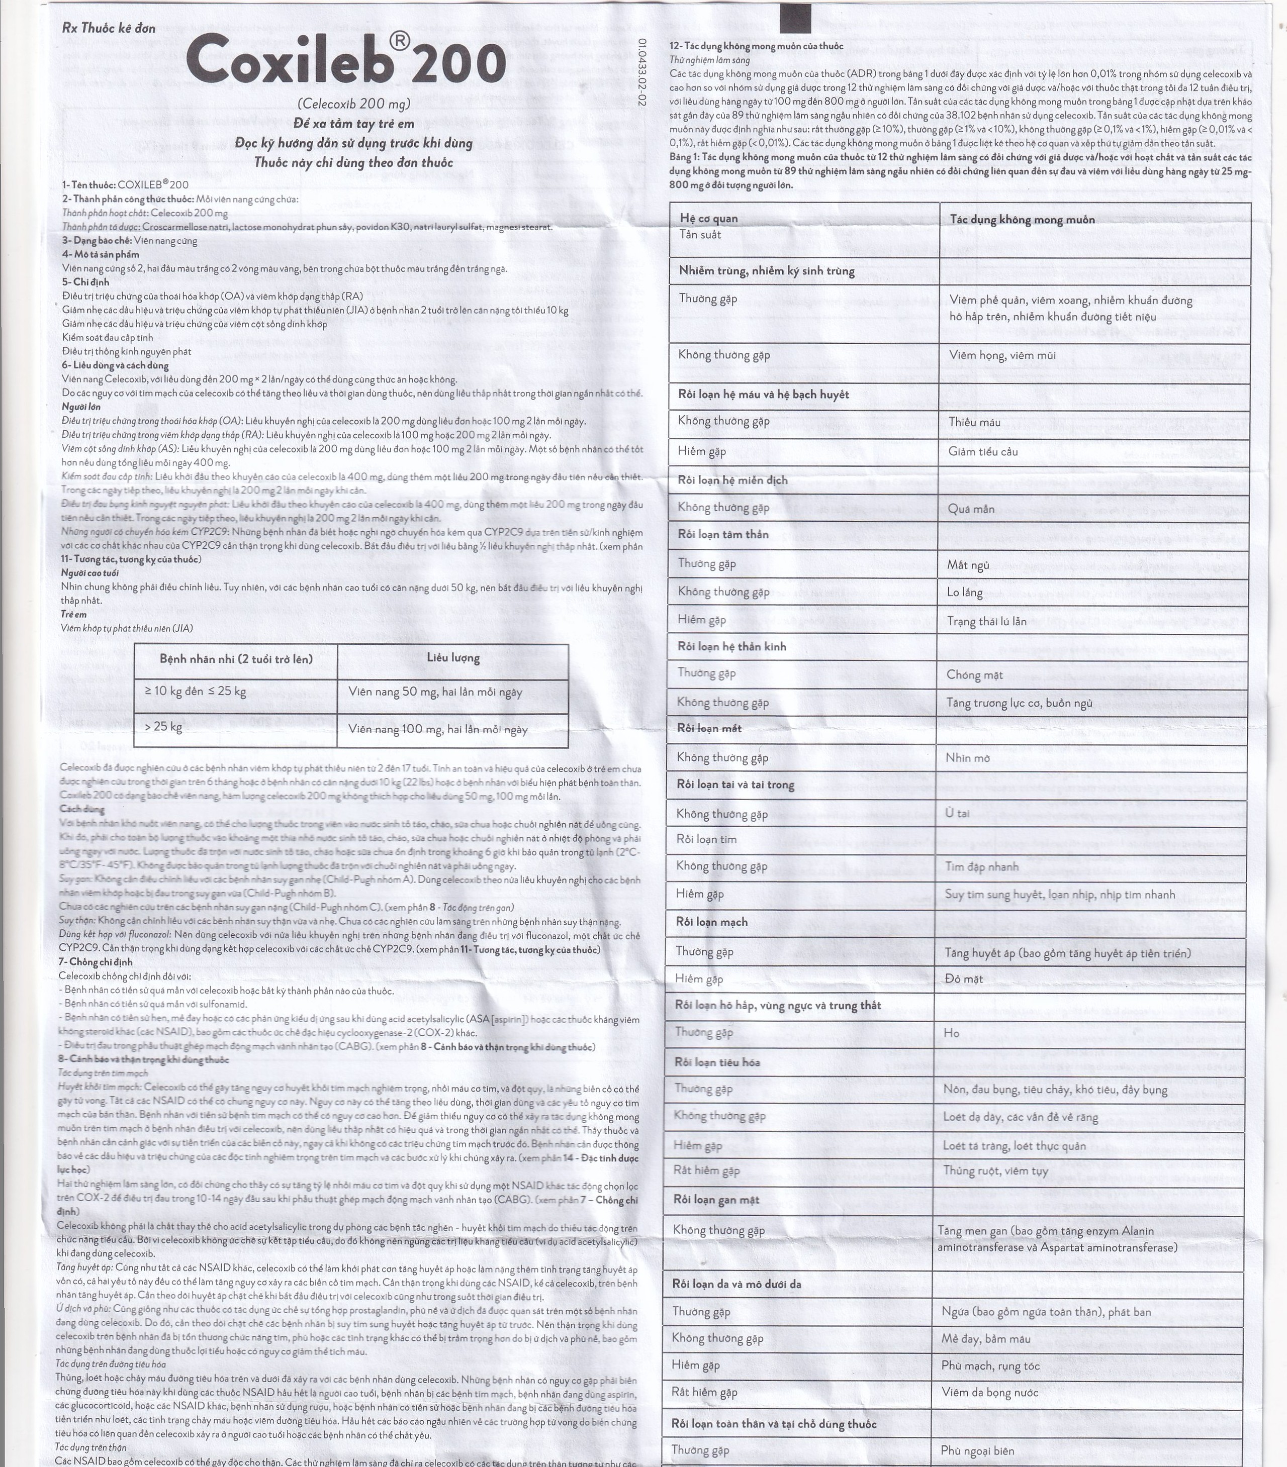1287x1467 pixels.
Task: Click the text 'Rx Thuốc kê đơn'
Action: coord(109,29)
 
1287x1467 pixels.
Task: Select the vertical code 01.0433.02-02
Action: coord(641,73)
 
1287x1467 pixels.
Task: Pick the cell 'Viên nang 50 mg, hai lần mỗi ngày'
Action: coord(435,692)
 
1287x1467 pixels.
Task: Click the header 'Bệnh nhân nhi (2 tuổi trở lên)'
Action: coord(236,659)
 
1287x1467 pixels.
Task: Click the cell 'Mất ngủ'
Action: coord(968,565)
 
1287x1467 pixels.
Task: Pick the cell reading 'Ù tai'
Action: coord(958,813)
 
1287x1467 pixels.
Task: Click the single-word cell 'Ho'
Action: coord(951,1033)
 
